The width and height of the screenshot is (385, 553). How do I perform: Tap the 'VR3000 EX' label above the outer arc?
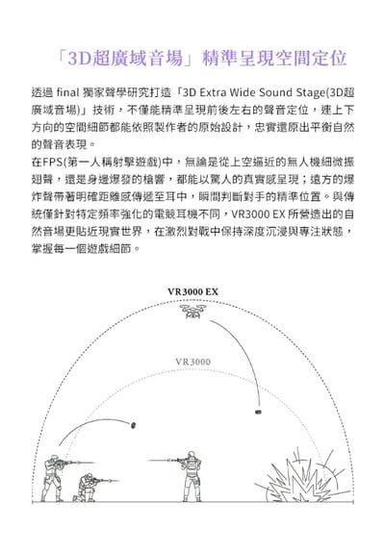pos(192,291)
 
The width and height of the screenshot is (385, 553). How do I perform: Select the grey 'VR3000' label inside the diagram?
pos(192,361)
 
